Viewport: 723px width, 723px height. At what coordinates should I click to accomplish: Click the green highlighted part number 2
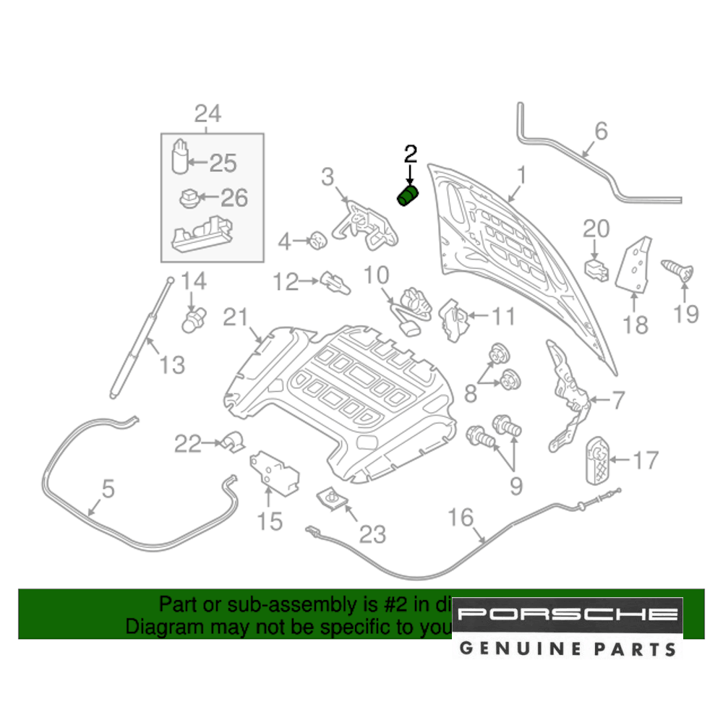pyautogui.click(x=409, y=196)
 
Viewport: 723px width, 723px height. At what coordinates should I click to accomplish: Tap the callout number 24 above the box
pyautogui.click(x=207, y=114)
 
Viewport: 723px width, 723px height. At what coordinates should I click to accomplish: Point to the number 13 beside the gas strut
pyautogui.click(x=172, y=365)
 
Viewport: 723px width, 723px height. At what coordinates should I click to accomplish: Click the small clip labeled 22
pyautogui.click(x=233, y=440)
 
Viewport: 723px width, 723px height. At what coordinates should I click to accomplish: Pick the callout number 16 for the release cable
pyautogui.click(x=461, y=518)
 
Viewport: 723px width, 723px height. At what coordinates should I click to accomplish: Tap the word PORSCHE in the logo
pyautogui.click(x=568, y=615)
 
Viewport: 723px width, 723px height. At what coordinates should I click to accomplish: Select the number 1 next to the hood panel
pyautogui.click(x=521, y=176)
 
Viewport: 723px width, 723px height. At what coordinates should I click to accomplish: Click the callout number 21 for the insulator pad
pyautogui.click(x=235, y=317)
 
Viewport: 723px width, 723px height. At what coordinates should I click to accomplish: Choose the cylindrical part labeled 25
pyautogui.click(x=180, y=158)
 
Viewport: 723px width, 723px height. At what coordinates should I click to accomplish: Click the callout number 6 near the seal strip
pyautogui.click(x=602, y=132)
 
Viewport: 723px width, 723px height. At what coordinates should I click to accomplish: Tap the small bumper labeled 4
pyautogui.click(x=317, y=240)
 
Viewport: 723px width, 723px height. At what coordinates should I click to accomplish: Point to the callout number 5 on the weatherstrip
pyautogui.click(x=107, y=489)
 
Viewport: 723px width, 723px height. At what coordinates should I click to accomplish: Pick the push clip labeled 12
pyautogui.click(x=334, y=281)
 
